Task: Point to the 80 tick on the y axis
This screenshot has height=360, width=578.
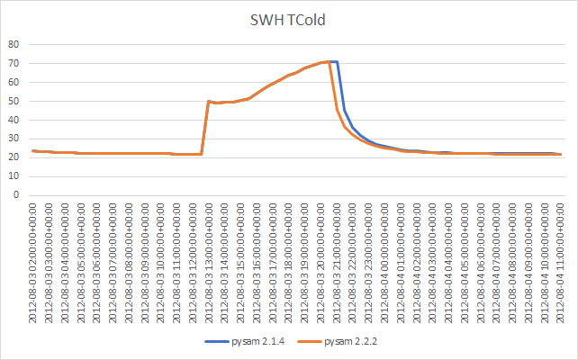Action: (14, 44)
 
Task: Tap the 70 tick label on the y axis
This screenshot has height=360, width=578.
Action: (14, 63)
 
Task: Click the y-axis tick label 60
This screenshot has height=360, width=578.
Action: (14, 82)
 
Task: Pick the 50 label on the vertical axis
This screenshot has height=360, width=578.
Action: (14, 101)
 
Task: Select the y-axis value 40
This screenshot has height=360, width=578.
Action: (14, 120)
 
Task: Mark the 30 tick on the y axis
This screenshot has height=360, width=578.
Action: (14, 139)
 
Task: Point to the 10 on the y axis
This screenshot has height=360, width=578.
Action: (14, 176)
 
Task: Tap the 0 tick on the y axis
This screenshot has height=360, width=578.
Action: (16, 195)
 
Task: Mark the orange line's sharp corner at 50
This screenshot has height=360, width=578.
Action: (209, 102)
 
